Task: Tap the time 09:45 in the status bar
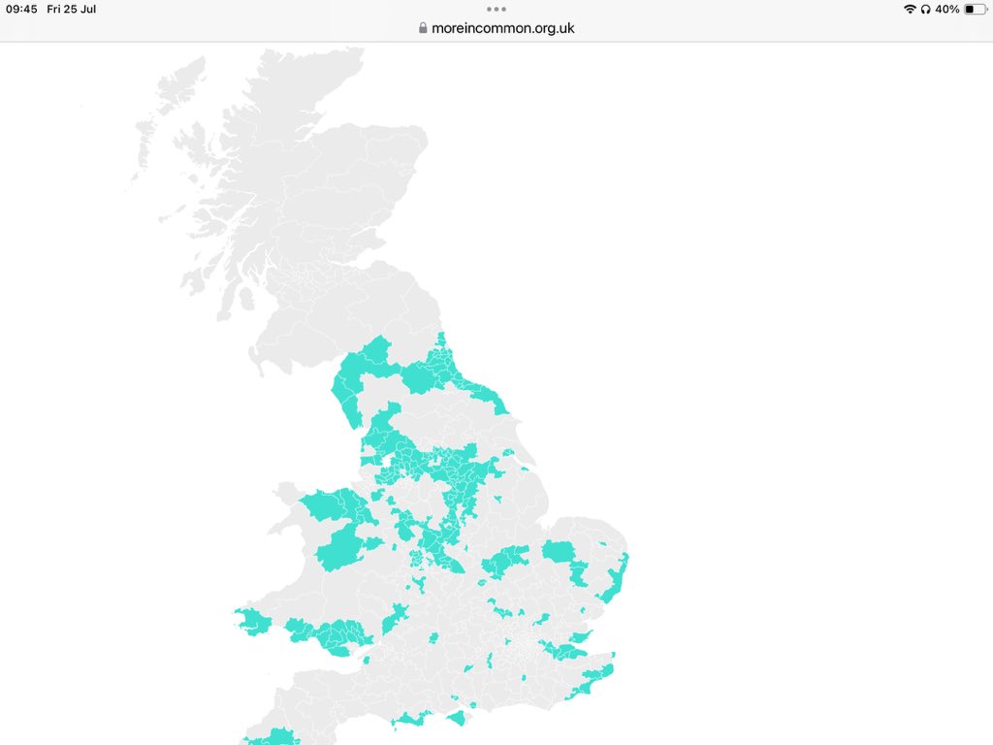[21, 10]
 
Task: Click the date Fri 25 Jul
[72, 10]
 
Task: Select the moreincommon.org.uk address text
[502, 28]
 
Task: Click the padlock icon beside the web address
[423, 28]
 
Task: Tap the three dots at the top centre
[496, 9]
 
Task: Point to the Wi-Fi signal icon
[910, 10]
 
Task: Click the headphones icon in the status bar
[926, 10]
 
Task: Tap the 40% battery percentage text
[947, 10]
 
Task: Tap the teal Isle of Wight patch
[456, 718]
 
